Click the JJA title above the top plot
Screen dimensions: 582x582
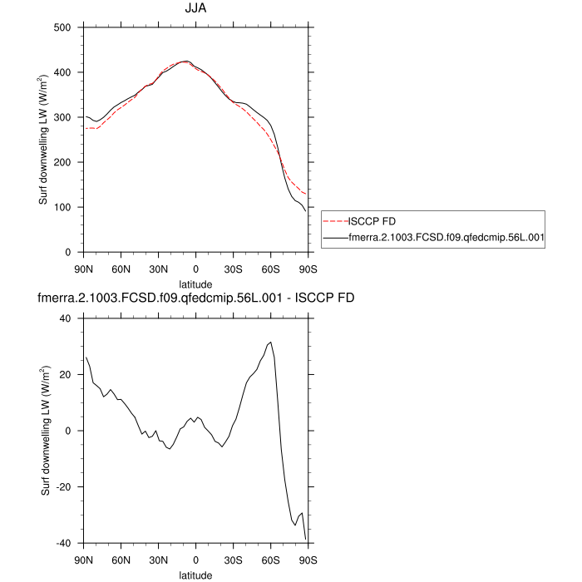tap(195, 9)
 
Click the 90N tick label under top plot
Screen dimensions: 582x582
tap(83, 269)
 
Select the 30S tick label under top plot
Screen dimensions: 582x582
tap(233, 269)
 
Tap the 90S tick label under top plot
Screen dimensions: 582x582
tap(308, 269)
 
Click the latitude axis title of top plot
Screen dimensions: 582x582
tap(195, 284)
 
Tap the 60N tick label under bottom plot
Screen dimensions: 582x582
tap(121, 560)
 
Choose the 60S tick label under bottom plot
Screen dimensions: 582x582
tap(270, 560)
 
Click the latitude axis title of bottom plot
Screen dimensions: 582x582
tap(195, 575)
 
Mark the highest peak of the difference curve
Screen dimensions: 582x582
tap(270, 342)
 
